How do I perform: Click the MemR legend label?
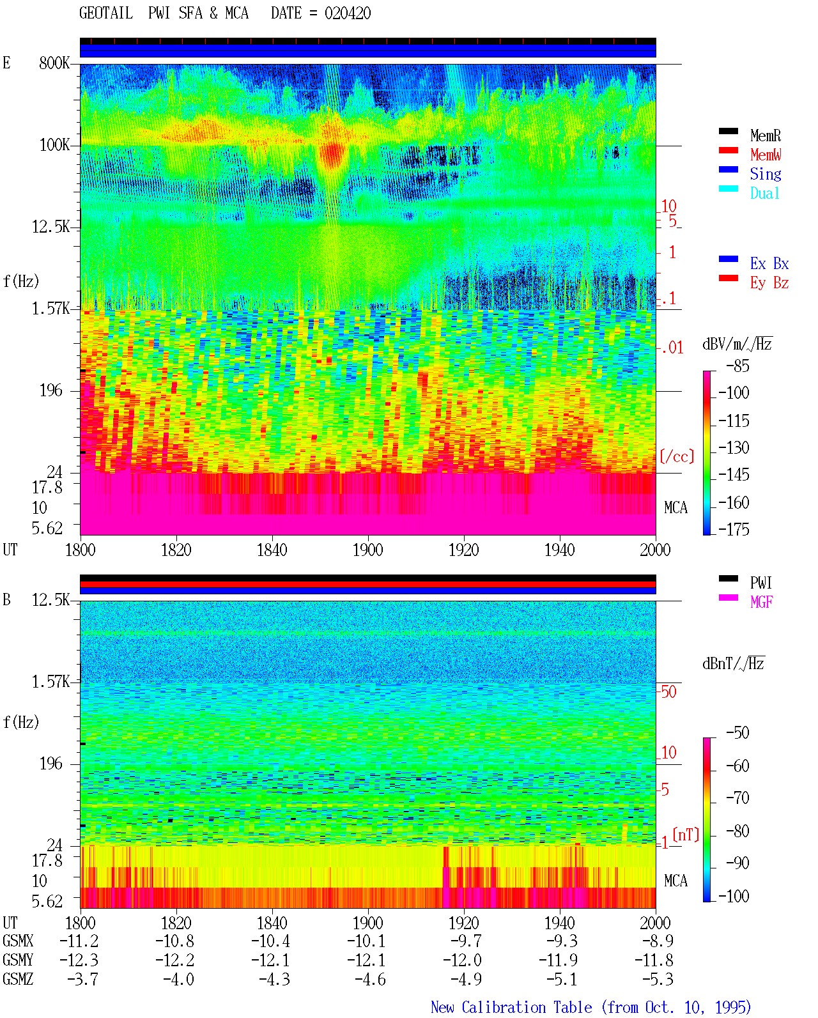(765, 135)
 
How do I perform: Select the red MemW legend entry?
(766, 154)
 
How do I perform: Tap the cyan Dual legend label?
(764, 193)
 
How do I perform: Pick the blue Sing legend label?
(765, 174)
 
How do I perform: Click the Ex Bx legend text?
(769, 263)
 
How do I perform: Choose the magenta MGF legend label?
(761, 602)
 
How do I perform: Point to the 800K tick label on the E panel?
(54, 63)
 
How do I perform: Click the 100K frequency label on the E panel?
(54, 145)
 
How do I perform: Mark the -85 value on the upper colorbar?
(737, 366)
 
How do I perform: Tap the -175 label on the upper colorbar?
(734, 529)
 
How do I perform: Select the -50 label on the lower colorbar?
(737, 733)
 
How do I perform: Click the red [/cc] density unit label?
(677, 456)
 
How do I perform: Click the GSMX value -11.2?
(79, 941)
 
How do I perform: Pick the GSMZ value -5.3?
(658, 979)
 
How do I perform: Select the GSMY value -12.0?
(462, 960)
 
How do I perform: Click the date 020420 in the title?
(348, 13)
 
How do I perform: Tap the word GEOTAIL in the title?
(106, 13)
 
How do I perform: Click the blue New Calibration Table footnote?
(591, 1007)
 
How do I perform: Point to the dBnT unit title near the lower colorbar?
(734, 664)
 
